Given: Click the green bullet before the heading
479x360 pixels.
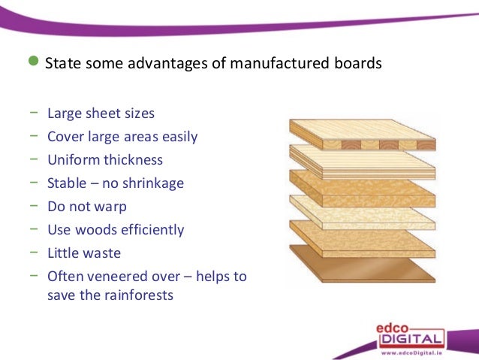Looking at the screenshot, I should (32, 62).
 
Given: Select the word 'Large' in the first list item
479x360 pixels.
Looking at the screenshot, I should (64, 114).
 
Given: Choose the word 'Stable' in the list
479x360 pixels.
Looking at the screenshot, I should (66, 183).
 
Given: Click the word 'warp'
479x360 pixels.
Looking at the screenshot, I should (111, 207).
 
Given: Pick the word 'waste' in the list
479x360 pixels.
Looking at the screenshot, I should (102, 253).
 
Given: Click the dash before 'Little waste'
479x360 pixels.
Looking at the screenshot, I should (35, 252).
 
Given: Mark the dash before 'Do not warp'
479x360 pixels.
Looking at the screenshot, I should (35, 206).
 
